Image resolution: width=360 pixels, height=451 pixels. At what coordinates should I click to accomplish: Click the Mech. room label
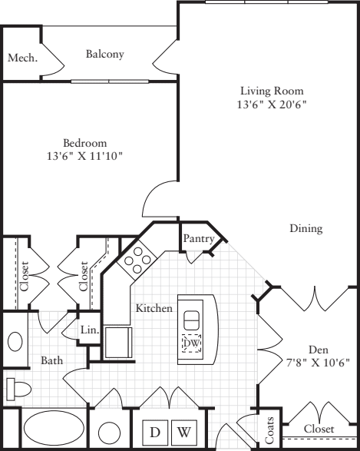22,58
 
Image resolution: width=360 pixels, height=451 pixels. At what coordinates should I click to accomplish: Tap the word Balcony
105,54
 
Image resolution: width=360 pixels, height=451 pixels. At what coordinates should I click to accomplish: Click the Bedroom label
84,143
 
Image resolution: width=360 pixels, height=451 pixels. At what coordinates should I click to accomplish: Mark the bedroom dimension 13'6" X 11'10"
84,156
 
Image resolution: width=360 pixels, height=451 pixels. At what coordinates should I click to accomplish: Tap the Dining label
306,228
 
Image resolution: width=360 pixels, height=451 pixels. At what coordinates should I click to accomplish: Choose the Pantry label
198,239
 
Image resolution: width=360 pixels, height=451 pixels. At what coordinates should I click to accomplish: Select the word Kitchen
154,308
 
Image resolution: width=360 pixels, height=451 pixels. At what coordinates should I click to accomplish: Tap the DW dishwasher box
192,343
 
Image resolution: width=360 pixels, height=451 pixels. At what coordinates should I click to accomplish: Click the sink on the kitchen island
191,317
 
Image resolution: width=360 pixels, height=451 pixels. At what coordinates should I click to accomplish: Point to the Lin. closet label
90,330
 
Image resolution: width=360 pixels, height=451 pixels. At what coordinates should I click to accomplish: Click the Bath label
52,360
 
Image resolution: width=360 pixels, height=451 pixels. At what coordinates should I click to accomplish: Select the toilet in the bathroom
16,387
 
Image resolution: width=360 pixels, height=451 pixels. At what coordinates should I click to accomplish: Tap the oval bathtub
54,429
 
